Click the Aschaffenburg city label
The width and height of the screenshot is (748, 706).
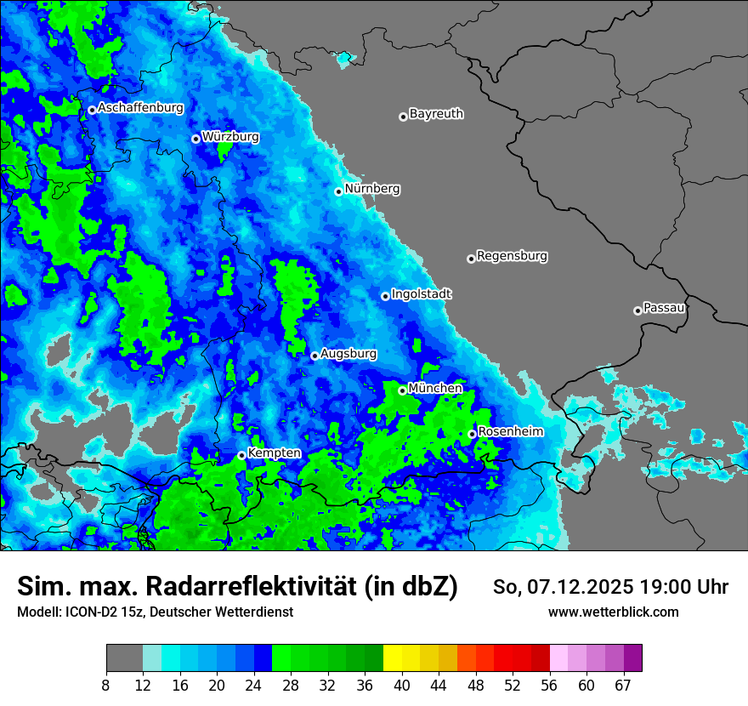(140, 108)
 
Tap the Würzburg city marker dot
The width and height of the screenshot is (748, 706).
(195, 139)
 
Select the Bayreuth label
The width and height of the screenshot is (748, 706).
(436, 113)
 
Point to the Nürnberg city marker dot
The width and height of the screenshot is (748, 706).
(338, 191)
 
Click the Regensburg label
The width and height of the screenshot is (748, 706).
(512, 255)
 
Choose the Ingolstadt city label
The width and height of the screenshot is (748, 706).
(422, 293)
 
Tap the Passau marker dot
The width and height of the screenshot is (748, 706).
(637, 310)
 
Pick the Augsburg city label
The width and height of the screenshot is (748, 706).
(348, 353)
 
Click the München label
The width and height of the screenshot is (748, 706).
(435, 388)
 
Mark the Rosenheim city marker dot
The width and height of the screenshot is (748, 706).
(473, 434)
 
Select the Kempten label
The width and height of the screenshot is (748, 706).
(274, 453)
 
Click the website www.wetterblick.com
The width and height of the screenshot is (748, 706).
(613, 612)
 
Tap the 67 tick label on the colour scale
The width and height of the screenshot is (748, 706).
(624, 685)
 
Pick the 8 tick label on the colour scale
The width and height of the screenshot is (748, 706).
(105, 685)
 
